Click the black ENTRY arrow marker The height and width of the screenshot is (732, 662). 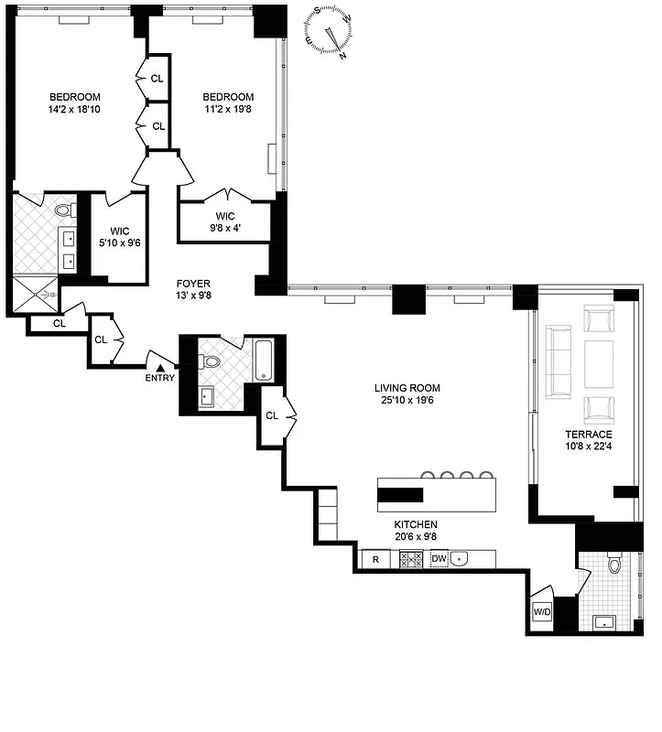(160, 368)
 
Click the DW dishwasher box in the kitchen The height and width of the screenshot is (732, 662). (440, 558)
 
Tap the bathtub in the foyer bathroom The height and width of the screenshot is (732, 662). (265, 358)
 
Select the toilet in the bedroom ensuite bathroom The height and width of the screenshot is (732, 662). (63, 210)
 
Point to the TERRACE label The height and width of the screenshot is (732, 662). (589, 434)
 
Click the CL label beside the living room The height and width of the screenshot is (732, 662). (272, 415)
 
